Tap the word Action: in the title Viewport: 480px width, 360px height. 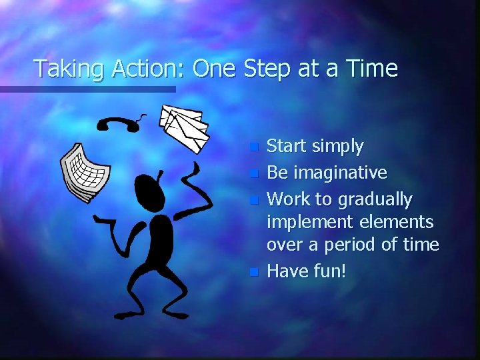[142, 69]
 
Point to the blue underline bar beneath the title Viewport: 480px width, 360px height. [87, 89]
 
